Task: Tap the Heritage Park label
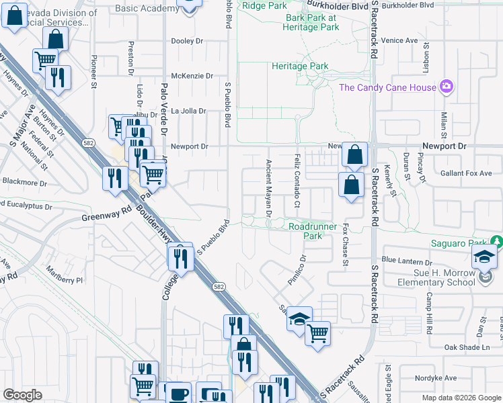(x=300, y=66)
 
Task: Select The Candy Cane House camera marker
(x=446, y=87)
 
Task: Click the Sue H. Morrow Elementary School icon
(x=484, y=259)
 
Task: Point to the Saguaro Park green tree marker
(x=496, y=242)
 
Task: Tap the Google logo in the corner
(x=22, y=395)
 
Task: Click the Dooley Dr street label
(x=187, y=41)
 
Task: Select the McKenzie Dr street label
(x=192, y=77)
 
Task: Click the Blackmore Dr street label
(x=25, y=182)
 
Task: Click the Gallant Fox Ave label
(x=466, y=173)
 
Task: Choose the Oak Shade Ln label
(x=466, y=347)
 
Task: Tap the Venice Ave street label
(x=399, y=40)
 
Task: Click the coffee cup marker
(x=178, y=394)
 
